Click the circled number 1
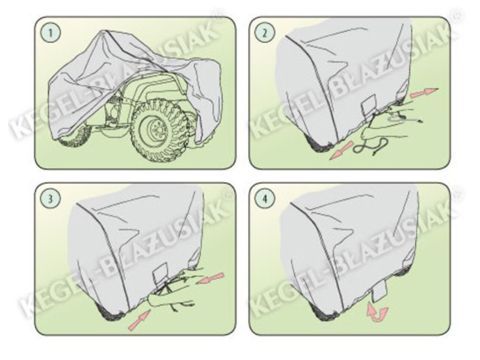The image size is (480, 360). [x=51, y=33]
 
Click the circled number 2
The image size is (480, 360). [x=265, y=33]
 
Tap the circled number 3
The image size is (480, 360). [x=51, y=198]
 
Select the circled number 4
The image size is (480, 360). [x=265, y=198]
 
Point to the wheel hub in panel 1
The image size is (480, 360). [x=155, y=127]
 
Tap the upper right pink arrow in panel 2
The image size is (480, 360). [x=424, y=92]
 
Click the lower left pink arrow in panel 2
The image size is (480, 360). [x=341, y=151]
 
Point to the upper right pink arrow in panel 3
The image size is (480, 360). [x=211, y=277]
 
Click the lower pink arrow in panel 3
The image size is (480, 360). [x=139, y=320]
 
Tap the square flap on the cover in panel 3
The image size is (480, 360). [x=161, y=274]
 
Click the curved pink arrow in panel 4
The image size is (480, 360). [x=377, y=313]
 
